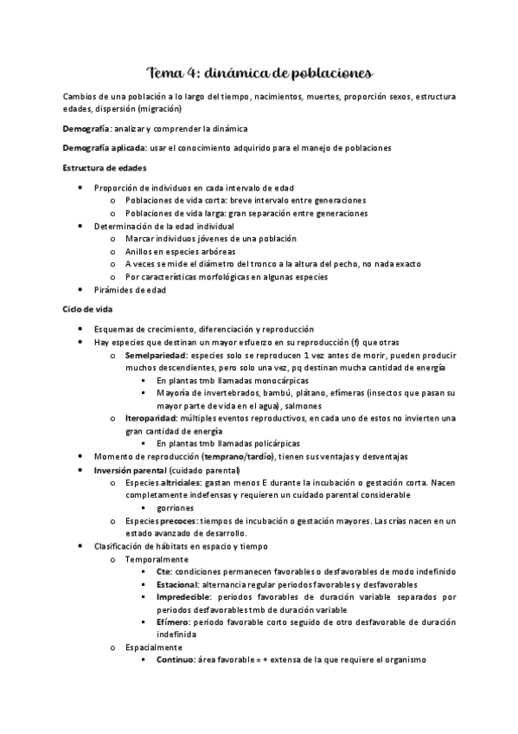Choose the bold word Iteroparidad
tap(151, 418)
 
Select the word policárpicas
tap(275, 442)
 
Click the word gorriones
tap(176, 507)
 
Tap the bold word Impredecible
tap(183, 597)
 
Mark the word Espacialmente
tap(154, 647)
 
